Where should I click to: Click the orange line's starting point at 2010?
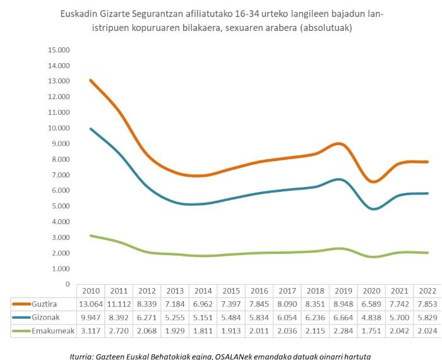pyautogui.click(x=90, y=80)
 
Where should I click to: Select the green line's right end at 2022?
pyautogui.click(x=429, y=253)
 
